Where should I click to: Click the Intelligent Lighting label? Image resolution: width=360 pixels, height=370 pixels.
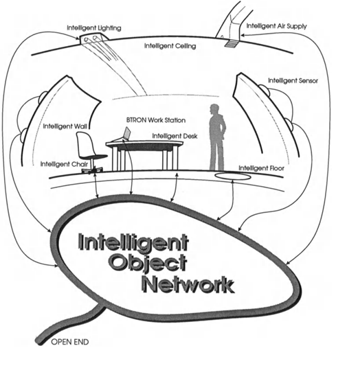point(94,28)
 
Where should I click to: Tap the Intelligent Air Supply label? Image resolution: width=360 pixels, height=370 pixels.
point(278,27)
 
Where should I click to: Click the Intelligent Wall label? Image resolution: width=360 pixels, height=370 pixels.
point(65,126)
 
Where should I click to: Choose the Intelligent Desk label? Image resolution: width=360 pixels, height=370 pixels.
point(175,136)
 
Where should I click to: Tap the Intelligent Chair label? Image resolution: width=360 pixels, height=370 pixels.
point(62,163)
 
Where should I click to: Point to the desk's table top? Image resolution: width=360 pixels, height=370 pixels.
point(141,144)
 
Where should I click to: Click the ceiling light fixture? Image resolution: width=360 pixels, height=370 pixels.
point(91,41)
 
